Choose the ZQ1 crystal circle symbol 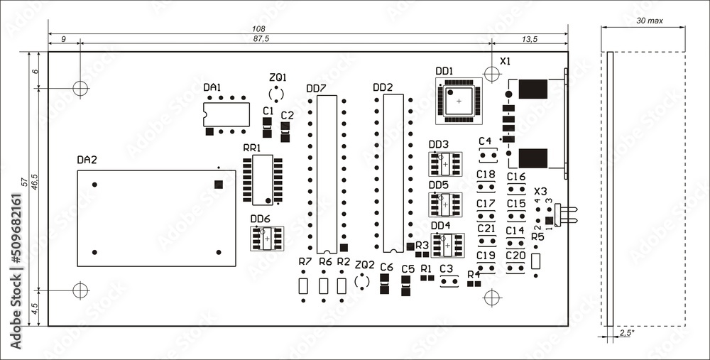tap(276, 94)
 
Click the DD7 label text tap(316, 88)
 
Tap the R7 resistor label tap(305, 262)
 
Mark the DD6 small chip tap(266, 239)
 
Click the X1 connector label tap(505, 62)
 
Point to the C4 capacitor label tap(485, 141)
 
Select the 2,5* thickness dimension tap(626, 332)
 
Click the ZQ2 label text tap(364, 264)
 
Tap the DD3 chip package tap(445, 164)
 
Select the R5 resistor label tap(537, 236)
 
